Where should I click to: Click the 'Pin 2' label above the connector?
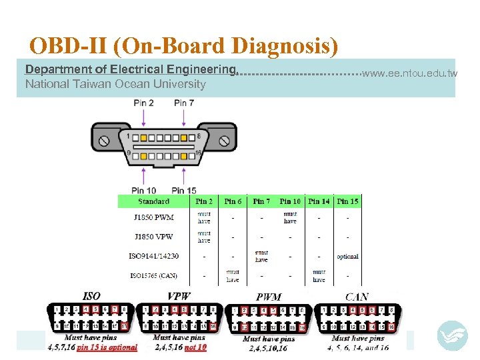[x=143, y=103]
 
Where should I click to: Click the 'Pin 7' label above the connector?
[x=183, y=103]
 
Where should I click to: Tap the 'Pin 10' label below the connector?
[x=143, y=191]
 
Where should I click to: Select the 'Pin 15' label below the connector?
[x=183, y=191]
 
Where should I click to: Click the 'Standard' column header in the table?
[x=153, y=201]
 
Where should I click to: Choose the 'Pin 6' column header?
[x=233, y=201]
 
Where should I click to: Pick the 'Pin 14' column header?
[x=319, y=201]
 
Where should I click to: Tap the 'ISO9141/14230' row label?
[x=153, y=256]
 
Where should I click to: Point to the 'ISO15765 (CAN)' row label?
[x=153, y=275]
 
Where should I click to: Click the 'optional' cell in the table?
[x=347, y=257]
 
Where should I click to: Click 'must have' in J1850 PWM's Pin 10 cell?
[x=290, y=218]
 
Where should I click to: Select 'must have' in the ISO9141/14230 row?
[x=261, y=256]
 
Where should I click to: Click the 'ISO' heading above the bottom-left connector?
[x=91, y=296]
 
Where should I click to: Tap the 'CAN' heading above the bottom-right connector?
[x=357, y=297]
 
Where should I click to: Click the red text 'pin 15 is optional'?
[x=107, y=347]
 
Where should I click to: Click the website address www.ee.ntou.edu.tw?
[x=409, y=73]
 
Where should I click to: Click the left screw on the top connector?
[x=105, y=141]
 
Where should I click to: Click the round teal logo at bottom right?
[x=453, y=336]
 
